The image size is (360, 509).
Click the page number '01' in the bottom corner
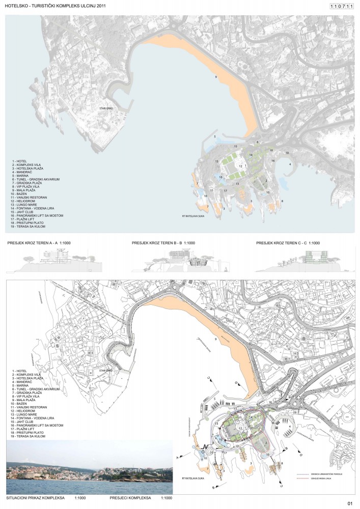[349, 503]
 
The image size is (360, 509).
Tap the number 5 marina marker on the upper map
[215, 137]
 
